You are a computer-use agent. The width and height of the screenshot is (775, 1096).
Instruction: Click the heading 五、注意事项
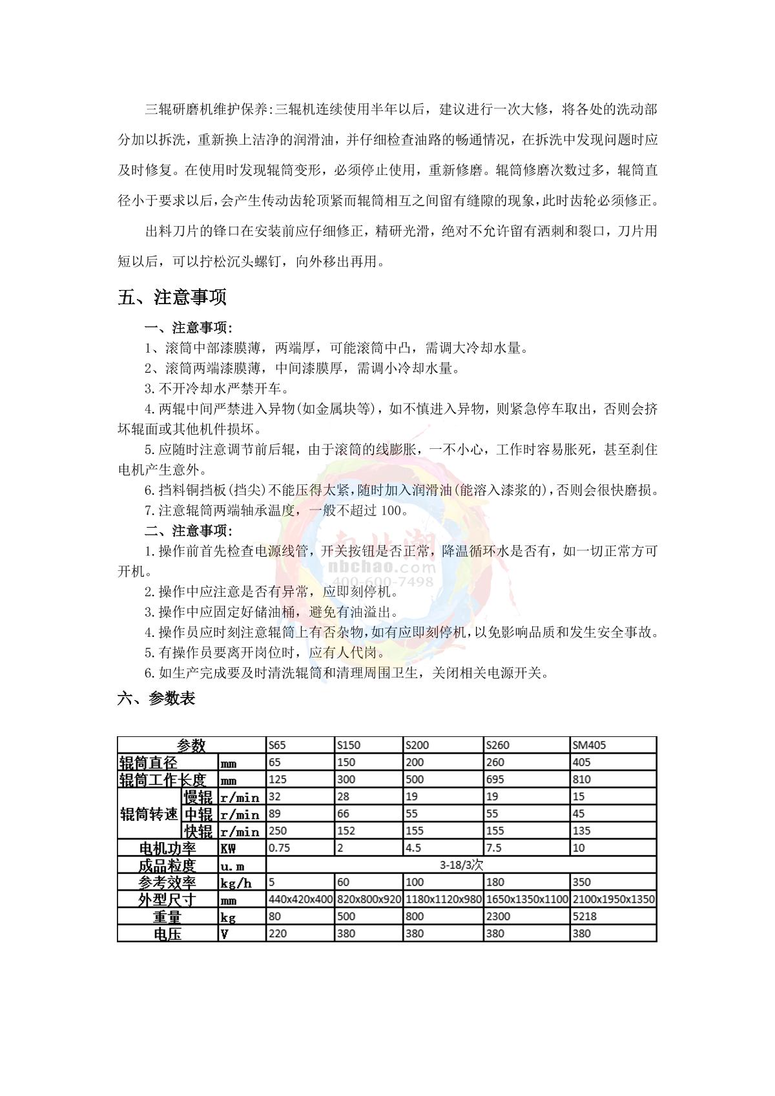tap(172, 298)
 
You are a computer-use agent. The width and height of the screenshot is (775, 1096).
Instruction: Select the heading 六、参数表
tap(156, 698)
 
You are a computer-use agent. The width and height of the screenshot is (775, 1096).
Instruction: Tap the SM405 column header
tap(589, 745)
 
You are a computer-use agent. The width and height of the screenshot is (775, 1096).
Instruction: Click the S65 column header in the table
tap(277, 745)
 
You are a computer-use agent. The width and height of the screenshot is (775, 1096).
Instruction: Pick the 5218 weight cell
tap(584, 916)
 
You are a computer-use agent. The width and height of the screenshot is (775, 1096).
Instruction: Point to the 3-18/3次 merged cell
tap(461, 865)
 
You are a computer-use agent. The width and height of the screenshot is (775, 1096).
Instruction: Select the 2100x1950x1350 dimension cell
tap(613, 899)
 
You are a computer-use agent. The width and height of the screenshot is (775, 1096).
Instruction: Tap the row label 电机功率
tap(167, 848)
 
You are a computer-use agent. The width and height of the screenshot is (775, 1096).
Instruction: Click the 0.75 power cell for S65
tap(279, 847)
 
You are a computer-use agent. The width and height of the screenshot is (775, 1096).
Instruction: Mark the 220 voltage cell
tap(278, 933)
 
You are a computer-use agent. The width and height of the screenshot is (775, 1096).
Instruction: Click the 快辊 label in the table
tap(198, 831)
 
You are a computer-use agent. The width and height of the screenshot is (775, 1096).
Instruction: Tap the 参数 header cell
tap(191, 745)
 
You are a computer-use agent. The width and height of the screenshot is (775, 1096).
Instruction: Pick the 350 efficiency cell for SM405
tap(581, 882)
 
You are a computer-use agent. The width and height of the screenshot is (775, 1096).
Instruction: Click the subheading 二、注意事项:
tap(188, 531)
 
